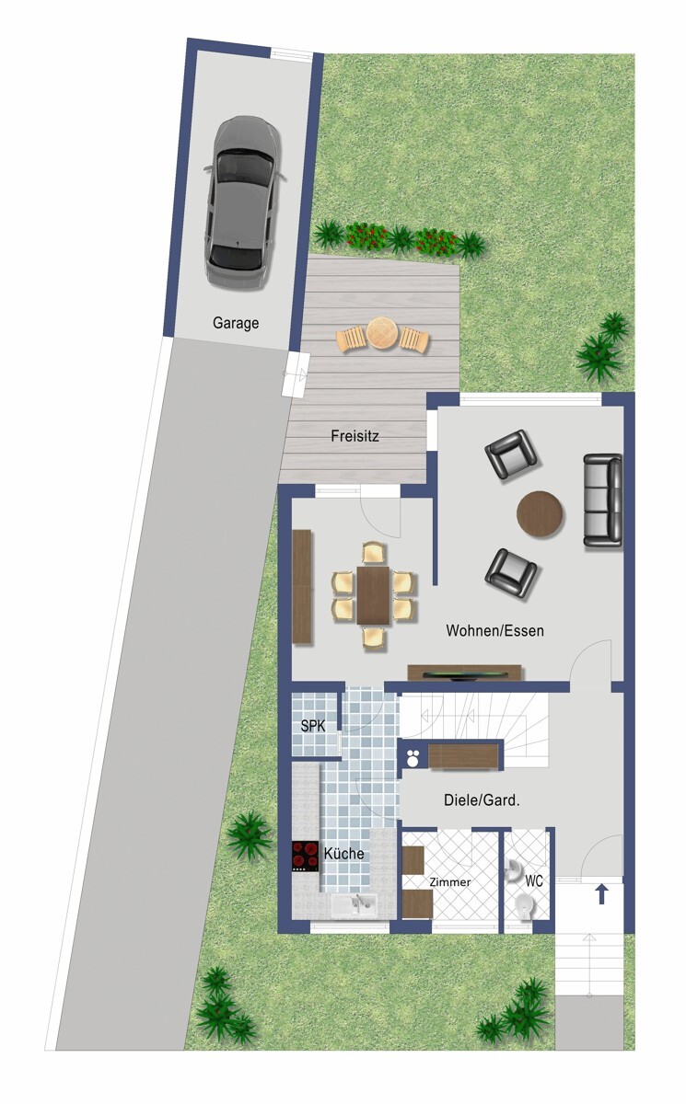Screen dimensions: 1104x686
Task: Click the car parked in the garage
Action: [241, 201]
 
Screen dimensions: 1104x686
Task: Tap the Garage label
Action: [236, 323]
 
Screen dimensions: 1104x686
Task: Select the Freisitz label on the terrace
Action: [355, 437]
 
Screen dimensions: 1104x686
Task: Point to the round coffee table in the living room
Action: [540, 513]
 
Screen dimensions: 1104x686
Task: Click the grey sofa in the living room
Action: [602, 500]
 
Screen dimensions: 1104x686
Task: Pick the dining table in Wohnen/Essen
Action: [374, 594]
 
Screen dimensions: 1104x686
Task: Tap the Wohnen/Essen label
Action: [494, 631]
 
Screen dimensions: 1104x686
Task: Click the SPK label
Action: [313, 726]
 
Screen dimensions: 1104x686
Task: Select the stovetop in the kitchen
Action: [306, 857]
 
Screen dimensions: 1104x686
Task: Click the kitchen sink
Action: [355, 905]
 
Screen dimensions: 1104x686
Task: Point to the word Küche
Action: [343, 854]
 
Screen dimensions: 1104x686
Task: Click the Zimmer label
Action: [450, 882]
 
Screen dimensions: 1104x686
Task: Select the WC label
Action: [534, 880]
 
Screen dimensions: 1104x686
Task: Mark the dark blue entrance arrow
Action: [602, 893]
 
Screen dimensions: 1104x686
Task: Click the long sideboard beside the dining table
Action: [302, 586]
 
